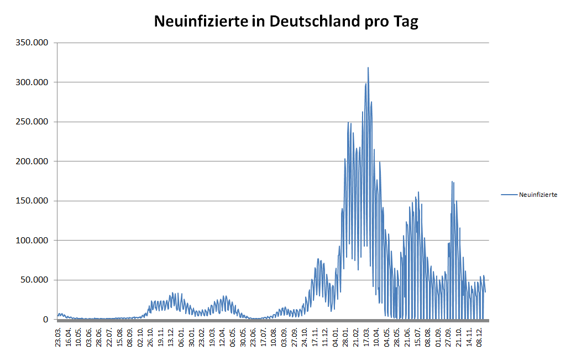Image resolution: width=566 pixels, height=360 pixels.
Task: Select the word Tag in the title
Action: pos(406,22)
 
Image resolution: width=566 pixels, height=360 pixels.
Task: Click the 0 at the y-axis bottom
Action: pos(46,320)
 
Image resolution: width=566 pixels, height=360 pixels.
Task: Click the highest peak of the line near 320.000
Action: pos(368,68)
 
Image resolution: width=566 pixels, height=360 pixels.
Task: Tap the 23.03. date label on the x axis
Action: pos(58,336)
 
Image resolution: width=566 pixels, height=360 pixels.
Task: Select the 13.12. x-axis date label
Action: pos(171,336)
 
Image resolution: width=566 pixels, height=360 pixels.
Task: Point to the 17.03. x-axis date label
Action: pos(367,336)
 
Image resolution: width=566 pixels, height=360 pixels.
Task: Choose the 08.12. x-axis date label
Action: pos(480,336)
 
